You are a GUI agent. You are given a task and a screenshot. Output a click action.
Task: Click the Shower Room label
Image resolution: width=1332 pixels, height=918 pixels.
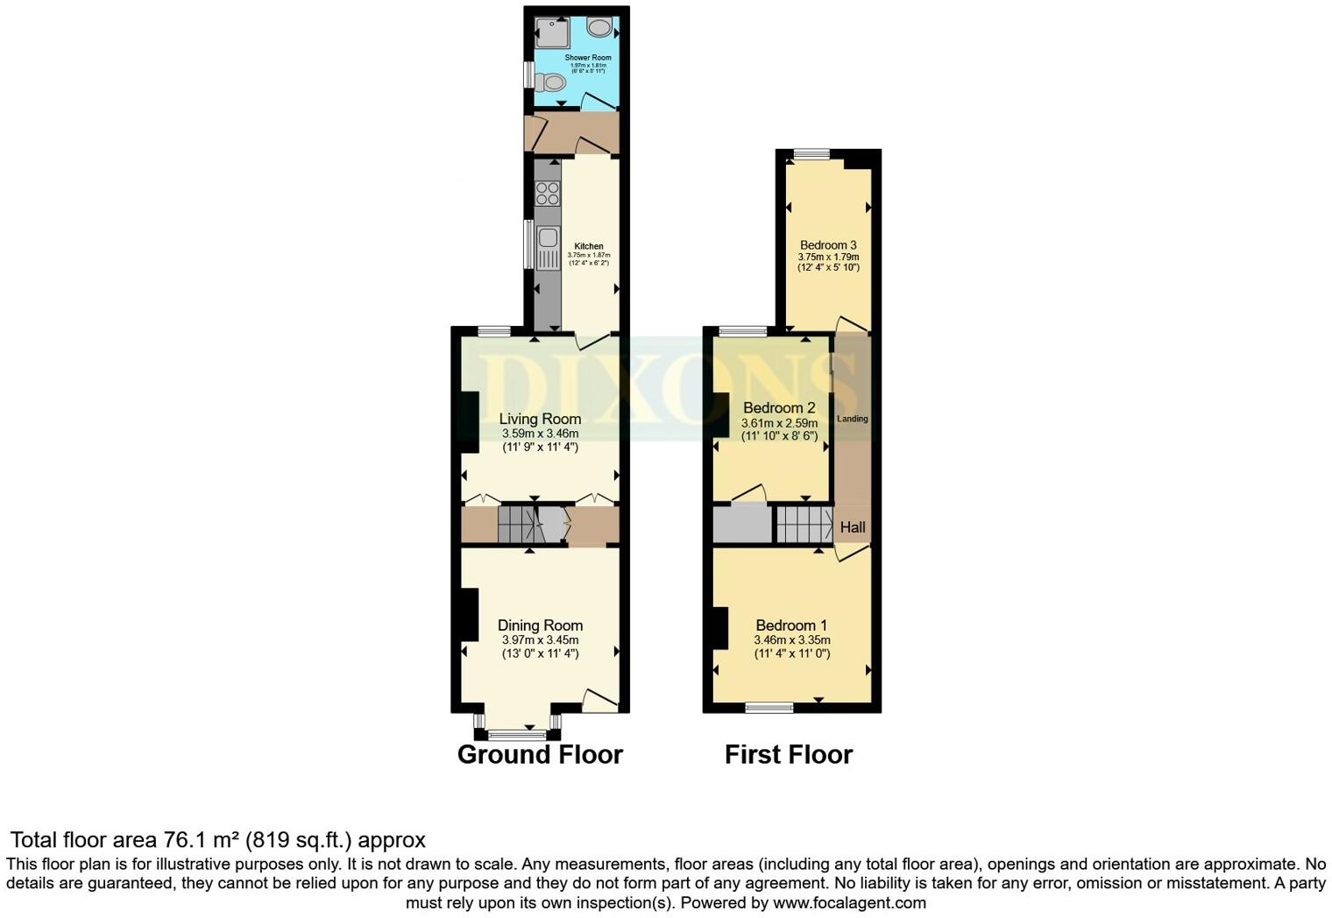click(588, 58)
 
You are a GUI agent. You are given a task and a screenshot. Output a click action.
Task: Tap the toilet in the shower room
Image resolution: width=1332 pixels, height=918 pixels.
click(552, 82)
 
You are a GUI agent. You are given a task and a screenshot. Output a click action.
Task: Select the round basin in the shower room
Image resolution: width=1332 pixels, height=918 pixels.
click(600, 28)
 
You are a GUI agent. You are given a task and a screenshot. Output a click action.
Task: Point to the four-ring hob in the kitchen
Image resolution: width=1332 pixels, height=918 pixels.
click(548, 193)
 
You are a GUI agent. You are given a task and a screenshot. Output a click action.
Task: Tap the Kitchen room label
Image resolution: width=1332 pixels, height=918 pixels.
click(589, 246)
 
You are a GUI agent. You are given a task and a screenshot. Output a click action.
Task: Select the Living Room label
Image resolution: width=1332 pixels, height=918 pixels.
click(540, 419)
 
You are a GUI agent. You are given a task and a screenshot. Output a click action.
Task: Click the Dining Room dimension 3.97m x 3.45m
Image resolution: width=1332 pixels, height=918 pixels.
click(540, 640)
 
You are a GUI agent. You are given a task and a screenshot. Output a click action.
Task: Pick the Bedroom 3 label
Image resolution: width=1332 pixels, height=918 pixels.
click(828, 245)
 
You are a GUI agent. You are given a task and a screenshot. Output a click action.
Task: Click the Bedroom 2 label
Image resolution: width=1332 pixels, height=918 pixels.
click(779, 407)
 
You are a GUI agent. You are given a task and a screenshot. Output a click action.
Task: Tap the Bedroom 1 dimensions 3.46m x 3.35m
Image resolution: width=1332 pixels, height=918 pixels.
click(792, 640)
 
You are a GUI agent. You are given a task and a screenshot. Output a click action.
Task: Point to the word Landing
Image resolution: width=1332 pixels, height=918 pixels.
click(852, 419)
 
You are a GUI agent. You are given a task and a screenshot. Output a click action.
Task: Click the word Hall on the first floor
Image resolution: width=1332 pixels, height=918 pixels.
click(853, 527)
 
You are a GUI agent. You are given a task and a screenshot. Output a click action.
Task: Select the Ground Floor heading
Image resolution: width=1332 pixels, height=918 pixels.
click(540, 754)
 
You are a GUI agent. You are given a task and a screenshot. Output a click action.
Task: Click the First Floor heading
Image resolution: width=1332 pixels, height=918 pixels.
click(789, 754)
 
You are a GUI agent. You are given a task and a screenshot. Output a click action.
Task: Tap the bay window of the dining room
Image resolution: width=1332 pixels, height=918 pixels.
click(517, 733)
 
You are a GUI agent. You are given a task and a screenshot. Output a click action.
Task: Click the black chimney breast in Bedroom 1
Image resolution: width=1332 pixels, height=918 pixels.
click(720, 628)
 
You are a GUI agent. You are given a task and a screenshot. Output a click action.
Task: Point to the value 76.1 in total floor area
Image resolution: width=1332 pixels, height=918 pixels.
click(182, 840)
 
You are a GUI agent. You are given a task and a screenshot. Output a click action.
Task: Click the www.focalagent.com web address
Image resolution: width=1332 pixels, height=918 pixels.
click(849, 902)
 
